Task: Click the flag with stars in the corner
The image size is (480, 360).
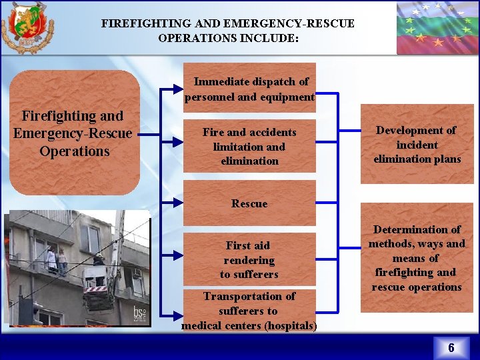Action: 437,27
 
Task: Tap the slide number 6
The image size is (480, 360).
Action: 451,347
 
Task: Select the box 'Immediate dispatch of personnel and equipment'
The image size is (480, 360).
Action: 249,89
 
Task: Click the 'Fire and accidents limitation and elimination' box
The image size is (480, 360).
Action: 249,147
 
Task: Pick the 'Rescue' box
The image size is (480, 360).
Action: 249,204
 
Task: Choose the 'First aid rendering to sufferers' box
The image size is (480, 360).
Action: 249,260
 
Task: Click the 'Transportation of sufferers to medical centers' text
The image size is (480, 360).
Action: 249,311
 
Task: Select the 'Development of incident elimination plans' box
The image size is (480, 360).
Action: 417,145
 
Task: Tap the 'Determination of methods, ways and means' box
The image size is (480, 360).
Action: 417,258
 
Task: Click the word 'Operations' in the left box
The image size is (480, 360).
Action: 75,151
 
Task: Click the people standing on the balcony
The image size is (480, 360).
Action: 56,260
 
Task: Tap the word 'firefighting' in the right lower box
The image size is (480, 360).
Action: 416,272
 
